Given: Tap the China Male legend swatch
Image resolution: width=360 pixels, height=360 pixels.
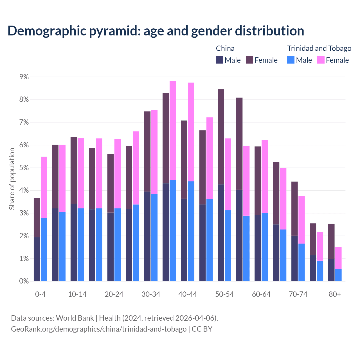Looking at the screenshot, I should pos(220,60).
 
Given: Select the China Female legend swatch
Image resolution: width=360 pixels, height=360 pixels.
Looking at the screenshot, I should pos(249,60).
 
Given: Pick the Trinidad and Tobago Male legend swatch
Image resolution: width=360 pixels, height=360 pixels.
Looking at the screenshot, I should pos(291,60).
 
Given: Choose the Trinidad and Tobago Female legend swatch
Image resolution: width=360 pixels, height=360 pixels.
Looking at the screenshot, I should pos(321,60).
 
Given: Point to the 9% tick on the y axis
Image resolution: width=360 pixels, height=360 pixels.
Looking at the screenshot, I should pos(24,77).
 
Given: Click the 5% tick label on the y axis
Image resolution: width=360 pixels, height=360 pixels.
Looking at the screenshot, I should pos(24,168).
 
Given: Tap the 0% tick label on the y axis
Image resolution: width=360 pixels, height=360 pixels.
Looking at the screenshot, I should pos(24,281).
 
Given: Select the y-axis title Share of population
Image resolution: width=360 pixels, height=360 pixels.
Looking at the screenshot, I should pos(12,179).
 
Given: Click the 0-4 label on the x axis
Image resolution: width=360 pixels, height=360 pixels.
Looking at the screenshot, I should pos(40,294).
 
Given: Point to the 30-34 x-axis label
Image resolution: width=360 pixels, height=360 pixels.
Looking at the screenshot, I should pos(151,294).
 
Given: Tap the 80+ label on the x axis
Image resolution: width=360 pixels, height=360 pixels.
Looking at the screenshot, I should pos(335,294).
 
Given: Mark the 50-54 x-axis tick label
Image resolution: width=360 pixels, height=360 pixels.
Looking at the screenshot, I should pos(224,294).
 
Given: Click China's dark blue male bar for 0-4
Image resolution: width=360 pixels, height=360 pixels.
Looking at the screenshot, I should pos(37,259).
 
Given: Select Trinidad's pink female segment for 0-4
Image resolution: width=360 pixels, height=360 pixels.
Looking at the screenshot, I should pos(44,187).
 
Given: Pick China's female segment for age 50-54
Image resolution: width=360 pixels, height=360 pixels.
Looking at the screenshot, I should pos(221,137).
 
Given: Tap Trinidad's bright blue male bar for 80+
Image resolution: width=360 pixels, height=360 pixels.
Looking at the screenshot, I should pos(338,275).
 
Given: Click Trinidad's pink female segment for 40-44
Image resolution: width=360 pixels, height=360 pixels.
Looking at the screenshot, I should pos(191,132).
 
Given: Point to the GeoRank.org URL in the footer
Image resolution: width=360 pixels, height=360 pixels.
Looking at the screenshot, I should pos(99,329).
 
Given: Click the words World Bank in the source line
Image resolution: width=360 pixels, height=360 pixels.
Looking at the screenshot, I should pos(75,318).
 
